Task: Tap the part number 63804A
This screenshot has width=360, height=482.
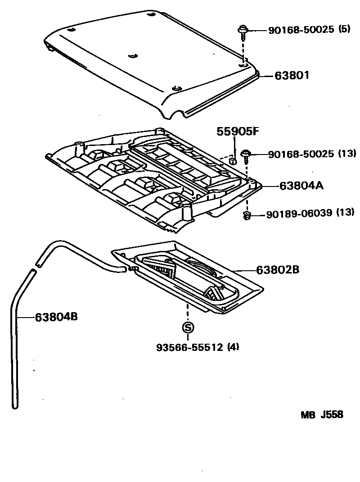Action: (301, 185)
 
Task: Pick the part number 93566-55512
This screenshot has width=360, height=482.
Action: (190, 347)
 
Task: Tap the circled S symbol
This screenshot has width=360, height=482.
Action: (188, 327)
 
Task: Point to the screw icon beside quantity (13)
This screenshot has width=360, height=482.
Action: (247, 156)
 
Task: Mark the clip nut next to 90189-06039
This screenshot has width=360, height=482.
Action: (247, 216)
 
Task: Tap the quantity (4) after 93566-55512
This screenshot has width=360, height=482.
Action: (233, 347)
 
